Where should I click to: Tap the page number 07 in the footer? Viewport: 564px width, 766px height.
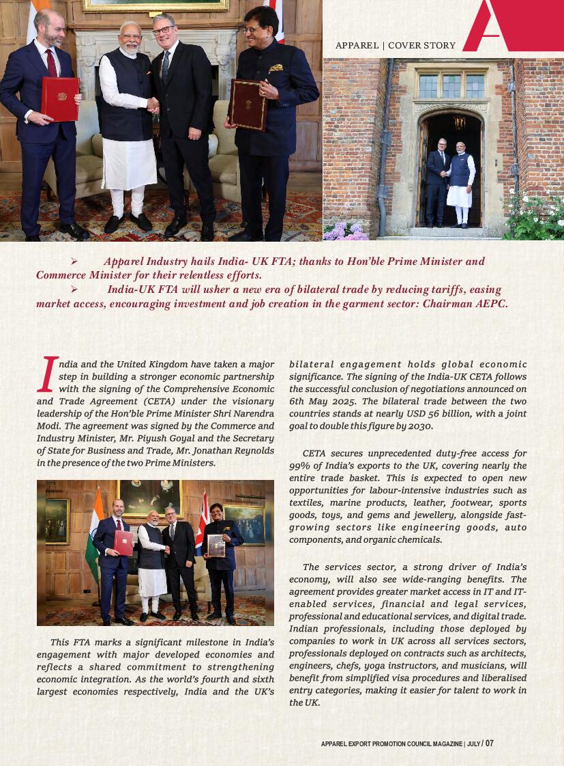(489, 743)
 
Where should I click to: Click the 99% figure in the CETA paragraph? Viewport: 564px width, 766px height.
(300, 466)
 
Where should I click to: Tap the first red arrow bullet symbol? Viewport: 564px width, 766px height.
(74, 261)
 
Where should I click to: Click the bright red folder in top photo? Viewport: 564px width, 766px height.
(60, 98)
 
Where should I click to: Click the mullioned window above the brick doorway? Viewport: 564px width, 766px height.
(452, 85)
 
